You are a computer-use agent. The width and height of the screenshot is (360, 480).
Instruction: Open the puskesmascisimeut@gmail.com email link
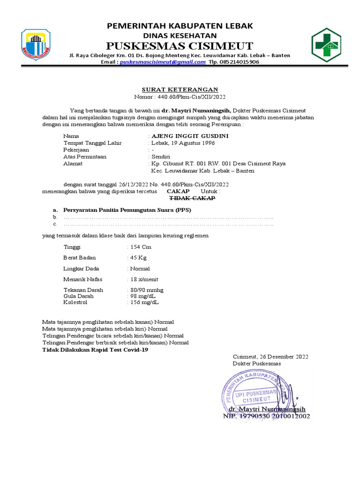pos(162,62)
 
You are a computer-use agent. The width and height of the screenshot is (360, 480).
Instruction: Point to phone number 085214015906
pos(239,62)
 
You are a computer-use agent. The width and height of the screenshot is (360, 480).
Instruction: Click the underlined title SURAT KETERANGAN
pos(180,89)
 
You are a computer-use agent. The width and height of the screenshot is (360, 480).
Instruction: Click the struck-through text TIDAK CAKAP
pos(192,198)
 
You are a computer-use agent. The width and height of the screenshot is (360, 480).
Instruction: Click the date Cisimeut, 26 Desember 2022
pos(270,357)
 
